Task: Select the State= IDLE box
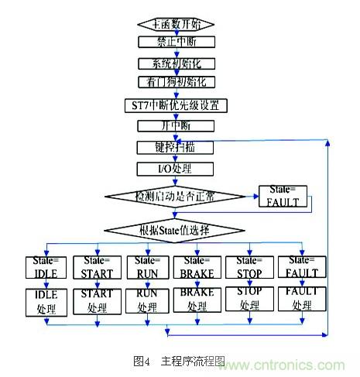click(46, 266)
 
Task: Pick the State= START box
click(97, 266)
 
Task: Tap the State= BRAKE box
click(197, 266)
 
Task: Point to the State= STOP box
click(248, 266)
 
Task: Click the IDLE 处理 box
click(47, 301)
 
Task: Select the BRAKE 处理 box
click(197, 301)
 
